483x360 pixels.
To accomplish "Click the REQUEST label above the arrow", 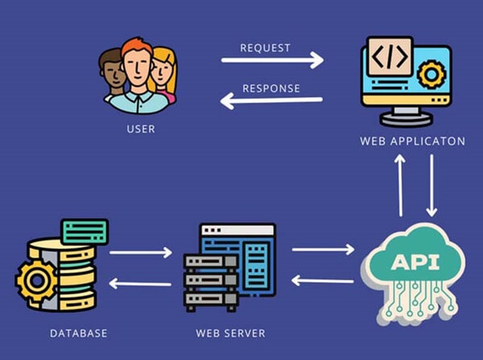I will point(265,48).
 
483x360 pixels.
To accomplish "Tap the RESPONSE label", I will point(270,88).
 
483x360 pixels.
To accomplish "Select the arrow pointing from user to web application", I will point(272,60).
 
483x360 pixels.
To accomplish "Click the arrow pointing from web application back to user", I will point(271,101).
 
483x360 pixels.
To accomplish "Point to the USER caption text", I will point(140,128).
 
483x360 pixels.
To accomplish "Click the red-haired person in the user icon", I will point(138,73).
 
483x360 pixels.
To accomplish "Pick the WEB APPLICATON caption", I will point(413,141).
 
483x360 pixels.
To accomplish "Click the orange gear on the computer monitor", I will point(431,75).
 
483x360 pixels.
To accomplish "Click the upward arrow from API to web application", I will point(400,184).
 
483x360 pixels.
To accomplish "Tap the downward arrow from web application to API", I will point(431,184).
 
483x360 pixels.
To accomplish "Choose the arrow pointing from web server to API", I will point(322,250).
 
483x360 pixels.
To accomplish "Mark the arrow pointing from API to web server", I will point(322,280).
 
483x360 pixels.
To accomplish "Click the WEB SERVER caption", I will point(230,333).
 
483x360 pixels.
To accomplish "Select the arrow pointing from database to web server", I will point(140,253).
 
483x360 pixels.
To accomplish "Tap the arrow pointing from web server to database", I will point(140,283).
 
